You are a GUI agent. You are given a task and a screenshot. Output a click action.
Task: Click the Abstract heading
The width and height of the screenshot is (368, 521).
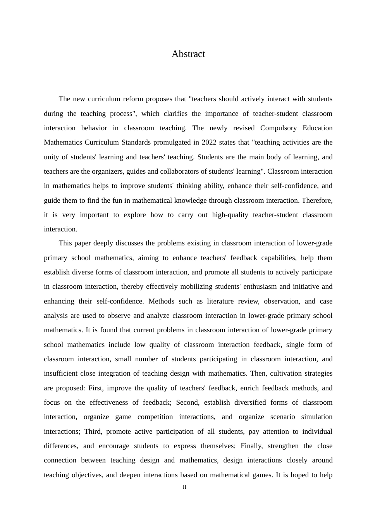[x=188, y=54]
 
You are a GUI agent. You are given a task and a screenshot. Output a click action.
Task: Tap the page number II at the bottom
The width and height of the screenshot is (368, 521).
[x=184, y=487]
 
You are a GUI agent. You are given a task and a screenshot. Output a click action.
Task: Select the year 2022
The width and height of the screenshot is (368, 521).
[x=210, y=142]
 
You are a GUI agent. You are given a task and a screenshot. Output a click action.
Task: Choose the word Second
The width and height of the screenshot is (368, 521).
[x=187, y=402]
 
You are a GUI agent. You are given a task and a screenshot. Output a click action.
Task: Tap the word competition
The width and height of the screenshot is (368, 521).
[x=155, y=417]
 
